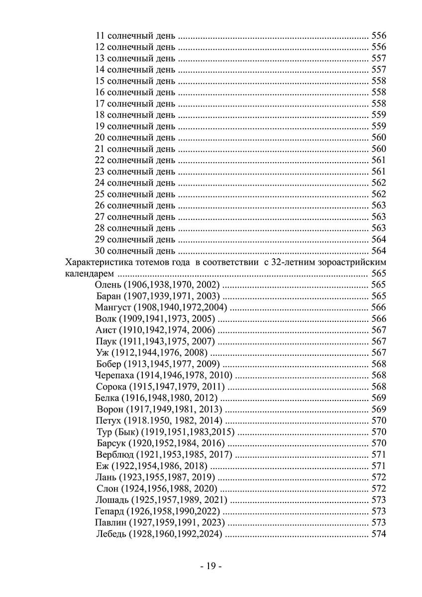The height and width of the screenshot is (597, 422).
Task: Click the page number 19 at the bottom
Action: (x=211, y=566)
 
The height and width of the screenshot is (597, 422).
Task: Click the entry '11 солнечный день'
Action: (x=134, y=36)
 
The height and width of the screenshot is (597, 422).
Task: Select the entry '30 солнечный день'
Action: (x=134, y=250)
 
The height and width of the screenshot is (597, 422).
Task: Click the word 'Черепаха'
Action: (x=114, y=375)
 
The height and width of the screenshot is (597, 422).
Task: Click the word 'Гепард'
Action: (x=109, y=511)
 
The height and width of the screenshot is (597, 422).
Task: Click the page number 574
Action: (x=379, y=534)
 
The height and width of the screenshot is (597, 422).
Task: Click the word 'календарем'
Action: (x=88, y=274)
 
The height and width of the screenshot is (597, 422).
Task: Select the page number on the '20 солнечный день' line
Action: (x=379, y=137)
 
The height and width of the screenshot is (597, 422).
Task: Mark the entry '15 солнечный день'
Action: (x=134, y=81)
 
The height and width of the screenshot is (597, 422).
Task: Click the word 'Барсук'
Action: (x=112, y=443)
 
